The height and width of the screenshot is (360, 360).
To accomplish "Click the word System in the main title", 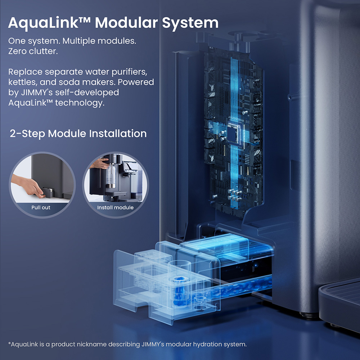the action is (x=190, y=23).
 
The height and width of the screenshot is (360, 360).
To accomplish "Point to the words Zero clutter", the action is (x=33, y=51).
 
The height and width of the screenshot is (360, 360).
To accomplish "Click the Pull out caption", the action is (x=41, y=208).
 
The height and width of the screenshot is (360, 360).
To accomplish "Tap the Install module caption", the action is (x=115, y=208).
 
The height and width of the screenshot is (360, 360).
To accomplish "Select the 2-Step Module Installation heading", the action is (x=78, y=134).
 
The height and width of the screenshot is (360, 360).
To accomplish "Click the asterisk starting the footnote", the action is (x=9, y=344).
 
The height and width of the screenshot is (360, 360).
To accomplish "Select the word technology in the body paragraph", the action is (x=80, y=103).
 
